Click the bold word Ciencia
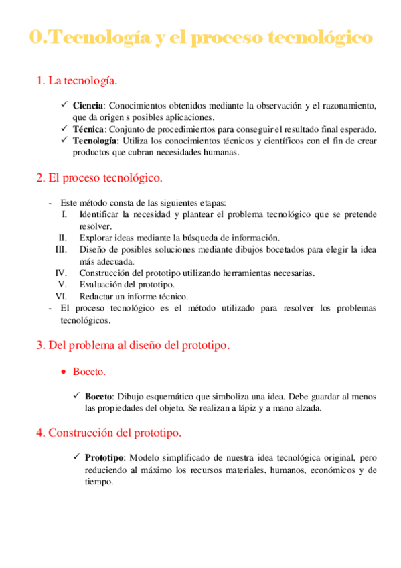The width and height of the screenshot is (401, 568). click(x=88, y=105)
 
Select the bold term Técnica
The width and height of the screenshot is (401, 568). click(x=88, y=129)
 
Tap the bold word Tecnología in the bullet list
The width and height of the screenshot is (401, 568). click(x=95, y=141)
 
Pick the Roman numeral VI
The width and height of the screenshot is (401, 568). click(x=61, y=296)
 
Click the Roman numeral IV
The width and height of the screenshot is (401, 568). click(x=61, y=273)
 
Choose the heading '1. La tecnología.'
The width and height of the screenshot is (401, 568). click(x=77, y=81)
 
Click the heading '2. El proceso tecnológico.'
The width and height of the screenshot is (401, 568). click(x=99, y=179)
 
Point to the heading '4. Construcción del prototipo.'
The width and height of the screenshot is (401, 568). click(x=108, y=433)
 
